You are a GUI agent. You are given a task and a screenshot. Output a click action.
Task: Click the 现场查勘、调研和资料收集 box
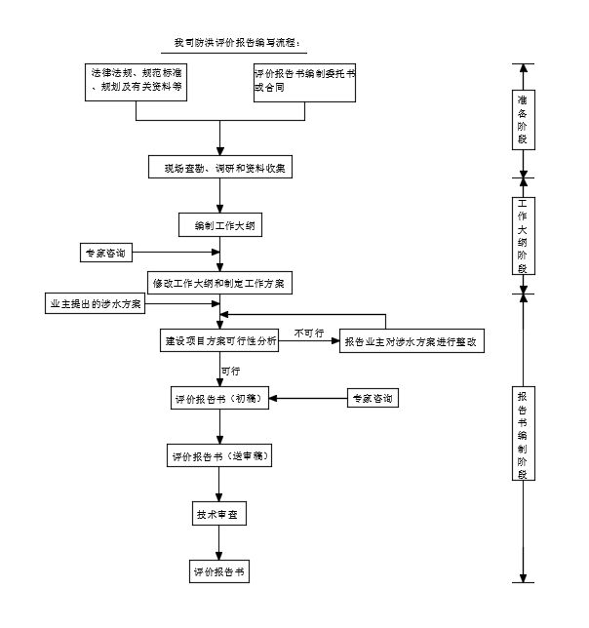coord(219,168)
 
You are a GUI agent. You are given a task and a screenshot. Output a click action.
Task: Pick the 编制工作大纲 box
coord(219,225)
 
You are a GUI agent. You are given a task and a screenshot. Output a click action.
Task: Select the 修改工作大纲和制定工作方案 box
coord(219,283)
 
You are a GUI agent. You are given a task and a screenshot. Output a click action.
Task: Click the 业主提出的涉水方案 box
coord(96,304)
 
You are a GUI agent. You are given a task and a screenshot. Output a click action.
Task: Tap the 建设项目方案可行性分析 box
coord(219,342)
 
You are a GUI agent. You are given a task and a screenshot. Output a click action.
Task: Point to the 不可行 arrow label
coord(308,333)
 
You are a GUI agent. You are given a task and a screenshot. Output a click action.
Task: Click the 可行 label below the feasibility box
coord(231,372)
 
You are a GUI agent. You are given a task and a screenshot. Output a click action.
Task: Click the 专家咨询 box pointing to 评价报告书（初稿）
coord(373,399)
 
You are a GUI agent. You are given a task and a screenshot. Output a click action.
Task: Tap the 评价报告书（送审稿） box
coord(219,456)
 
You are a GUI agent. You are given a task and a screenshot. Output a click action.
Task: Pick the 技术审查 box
coord(219,514)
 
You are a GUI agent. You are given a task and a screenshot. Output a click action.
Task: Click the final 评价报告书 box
coord(219,571)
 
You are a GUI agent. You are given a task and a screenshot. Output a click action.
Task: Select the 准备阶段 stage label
coord(524,120)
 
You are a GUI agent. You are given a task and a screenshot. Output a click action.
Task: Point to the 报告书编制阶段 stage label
coord(524,433)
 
